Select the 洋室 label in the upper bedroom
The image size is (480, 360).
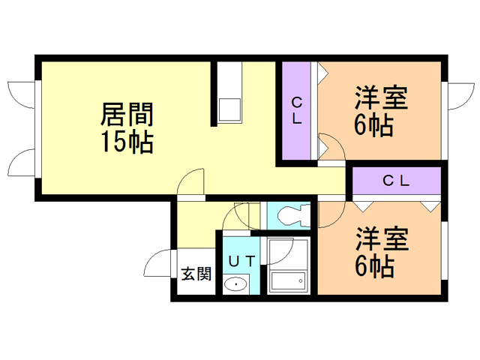[x=381, y=99]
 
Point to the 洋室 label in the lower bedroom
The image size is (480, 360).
[x=381, y=240]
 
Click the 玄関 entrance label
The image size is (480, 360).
[x=196, y=274]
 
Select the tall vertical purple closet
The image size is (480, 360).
[x=297, y=111]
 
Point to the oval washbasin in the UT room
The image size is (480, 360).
[x=237, y=284]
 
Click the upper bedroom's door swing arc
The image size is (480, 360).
[x=330, y=146]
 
